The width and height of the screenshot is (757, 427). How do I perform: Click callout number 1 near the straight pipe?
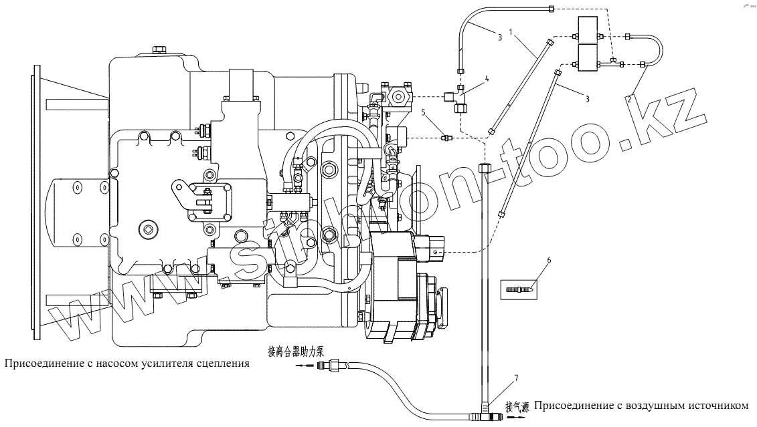coord(511,31)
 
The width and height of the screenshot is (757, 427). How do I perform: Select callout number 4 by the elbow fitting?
coord(487,79)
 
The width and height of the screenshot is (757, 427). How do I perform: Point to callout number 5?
coord(423,112)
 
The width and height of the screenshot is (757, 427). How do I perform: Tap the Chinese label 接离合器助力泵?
coord(295,351)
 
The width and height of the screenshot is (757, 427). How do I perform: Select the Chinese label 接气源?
coord(517,406)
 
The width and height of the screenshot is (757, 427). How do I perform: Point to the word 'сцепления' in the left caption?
coord(224,364)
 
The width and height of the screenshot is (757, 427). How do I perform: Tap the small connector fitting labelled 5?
coord(446,138)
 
